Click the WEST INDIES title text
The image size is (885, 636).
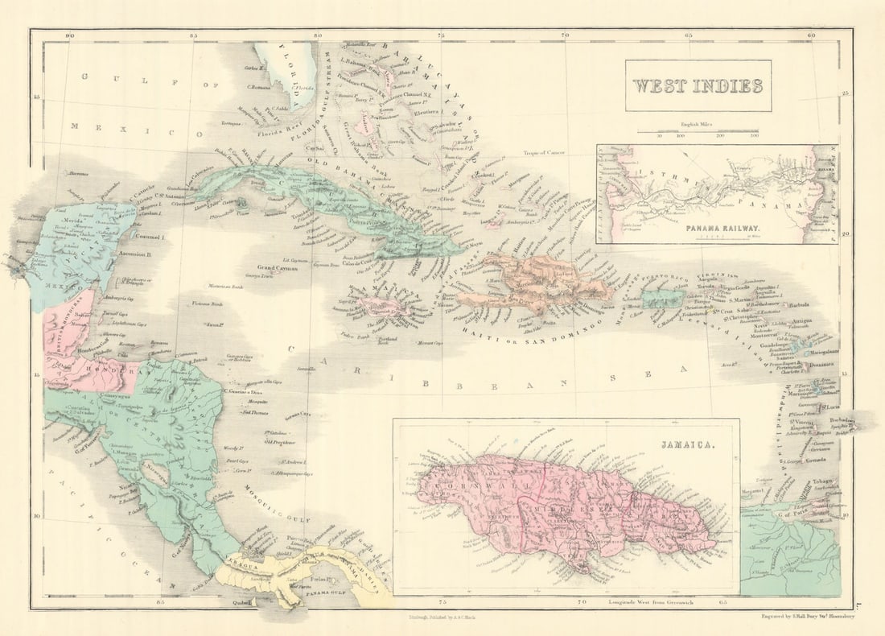698,85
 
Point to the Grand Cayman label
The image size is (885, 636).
278,268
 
